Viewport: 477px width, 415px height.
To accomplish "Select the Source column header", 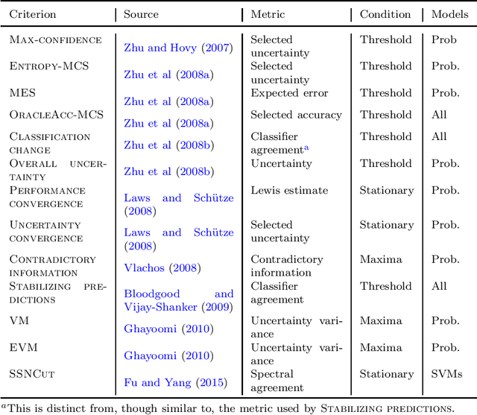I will [141, 15].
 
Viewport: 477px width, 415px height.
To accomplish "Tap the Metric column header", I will [268, 15].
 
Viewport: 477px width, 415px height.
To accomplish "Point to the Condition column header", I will [385, 15].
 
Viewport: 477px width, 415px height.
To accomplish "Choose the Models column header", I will [449, 15].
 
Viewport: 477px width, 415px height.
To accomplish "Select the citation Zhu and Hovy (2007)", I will [178, 48].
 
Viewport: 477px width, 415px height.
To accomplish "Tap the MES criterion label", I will [22, 93].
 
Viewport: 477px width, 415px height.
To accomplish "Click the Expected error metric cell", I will [289, 93].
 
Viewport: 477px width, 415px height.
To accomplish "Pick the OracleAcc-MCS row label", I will [56, 115].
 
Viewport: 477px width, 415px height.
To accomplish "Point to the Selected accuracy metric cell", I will [296, 115].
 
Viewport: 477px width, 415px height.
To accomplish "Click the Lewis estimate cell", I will [289, 191].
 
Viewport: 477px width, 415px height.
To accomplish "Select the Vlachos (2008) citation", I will [162, 268].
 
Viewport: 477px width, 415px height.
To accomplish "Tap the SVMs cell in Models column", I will [447, 375].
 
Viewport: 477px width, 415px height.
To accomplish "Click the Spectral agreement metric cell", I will [277, 381].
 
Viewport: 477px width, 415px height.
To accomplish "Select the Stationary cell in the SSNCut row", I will [386, 375].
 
